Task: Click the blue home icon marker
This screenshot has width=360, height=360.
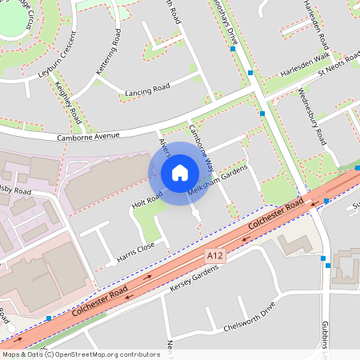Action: [x=180, y=173]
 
